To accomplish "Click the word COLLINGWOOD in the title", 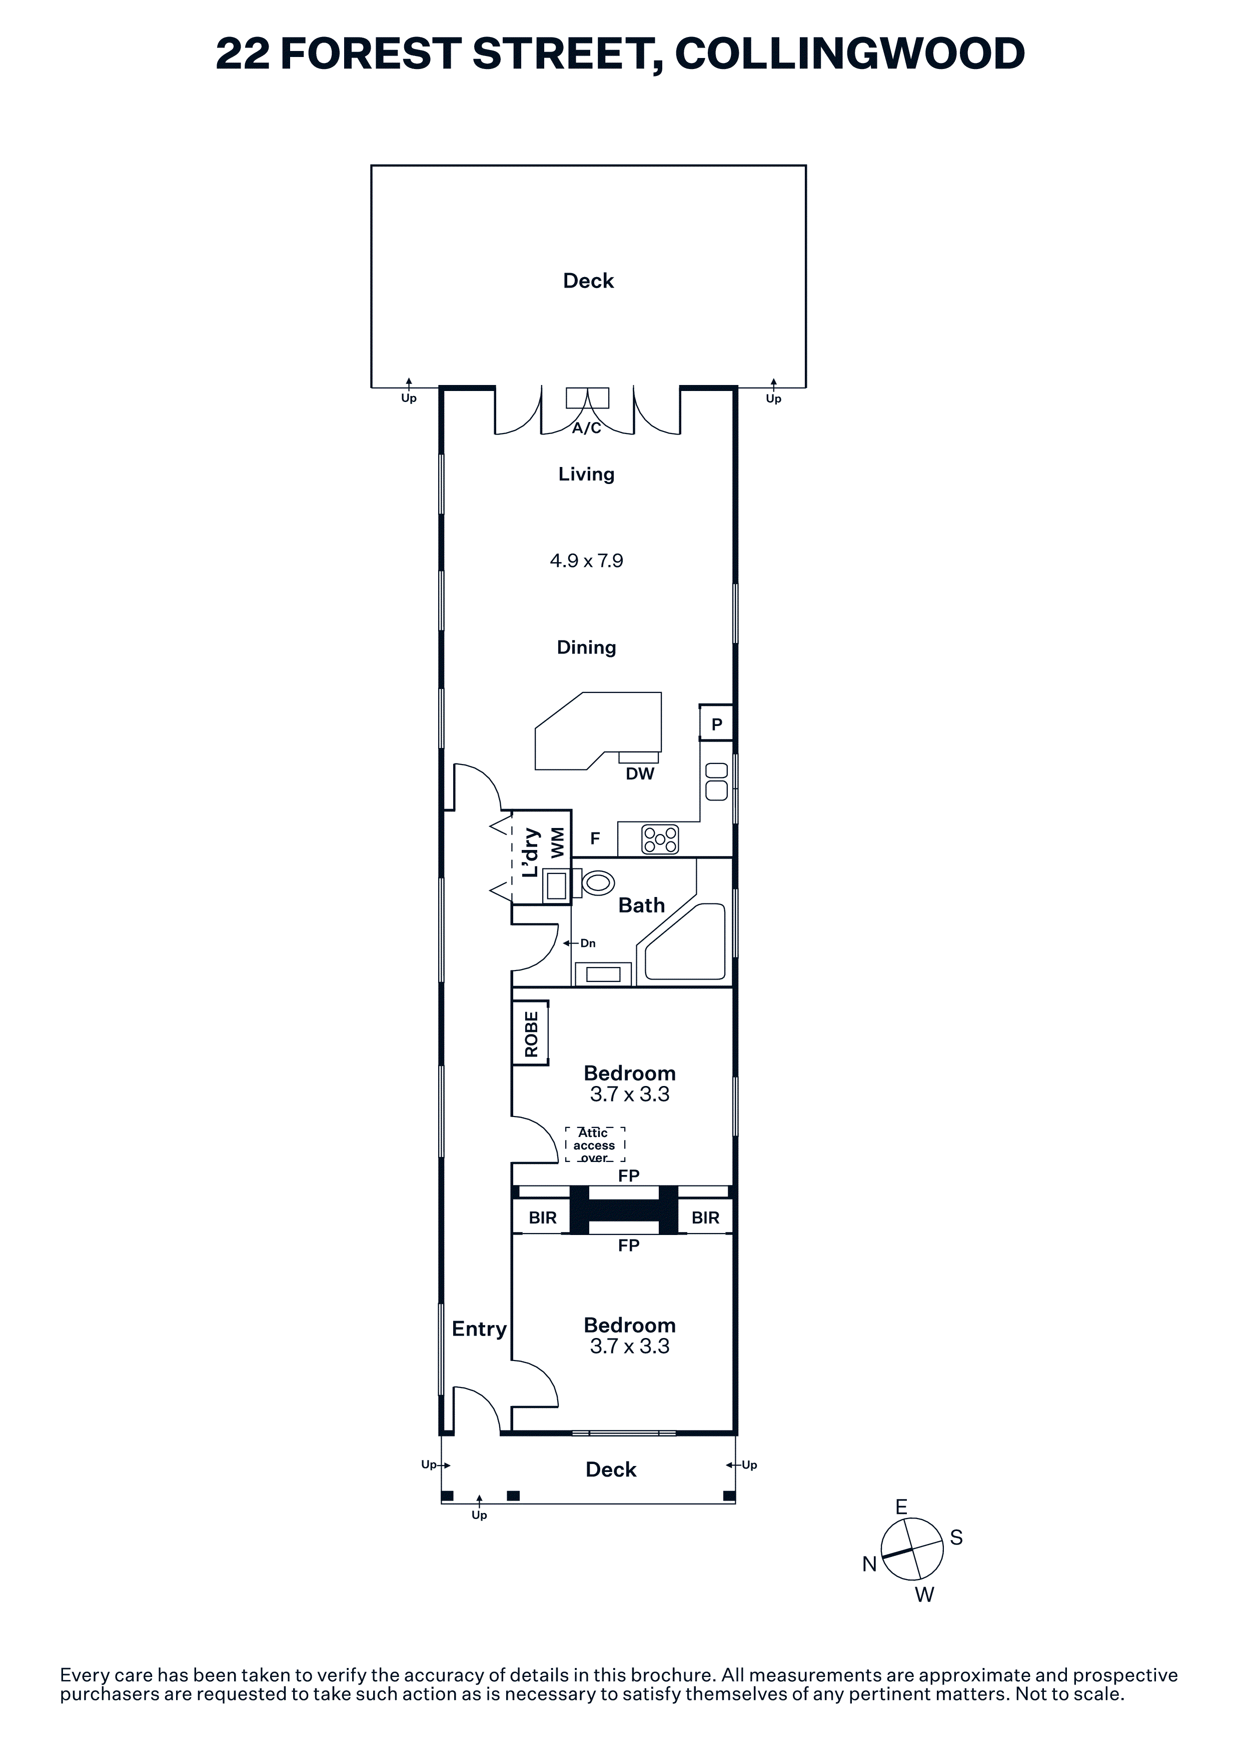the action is click(849, 53).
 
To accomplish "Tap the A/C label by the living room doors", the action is click(587, 428).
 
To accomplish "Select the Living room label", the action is click(586, 474).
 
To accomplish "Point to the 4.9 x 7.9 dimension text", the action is click(586, 560).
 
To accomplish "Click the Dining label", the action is click(586, 648).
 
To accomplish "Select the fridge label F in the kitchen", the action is click(595, 839).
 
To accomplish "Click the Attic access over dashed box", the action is click(594, 1145).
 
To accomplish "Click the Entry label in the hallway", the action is click(479, 1329).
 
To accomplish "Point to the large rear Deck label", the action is click(588, 281).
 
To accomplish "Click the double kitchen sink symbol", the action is click(717, 781).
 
